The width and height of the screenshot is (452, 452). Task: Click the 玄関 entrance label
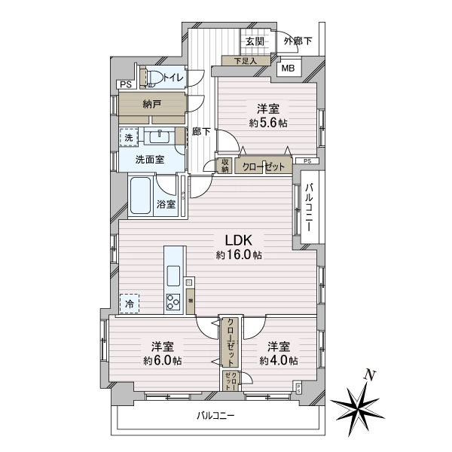tap(254, 42)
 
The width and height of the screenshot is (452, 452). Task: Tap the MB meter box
tap(289, 68)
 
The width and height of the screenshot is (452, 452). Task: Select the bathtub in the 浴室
tap(141, 195)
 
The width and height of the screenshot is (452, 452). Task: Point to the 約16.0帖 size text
tap(239, 256)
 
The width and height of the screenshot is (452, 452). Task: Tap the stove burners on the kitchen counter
tap(173, 303)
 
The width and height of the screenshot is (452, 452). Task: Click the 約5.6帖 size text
tap(267, 123)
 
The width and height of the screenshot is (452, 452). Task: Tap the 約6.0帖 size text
tap(162, 360)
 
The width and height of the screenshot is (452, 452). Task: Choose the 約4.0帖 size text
tap(279, 360)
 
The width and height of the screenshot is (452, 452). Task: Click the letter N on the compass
tap(369, 374)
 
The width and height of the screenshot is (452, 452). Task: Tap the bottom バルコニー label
tap(216, 415)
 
